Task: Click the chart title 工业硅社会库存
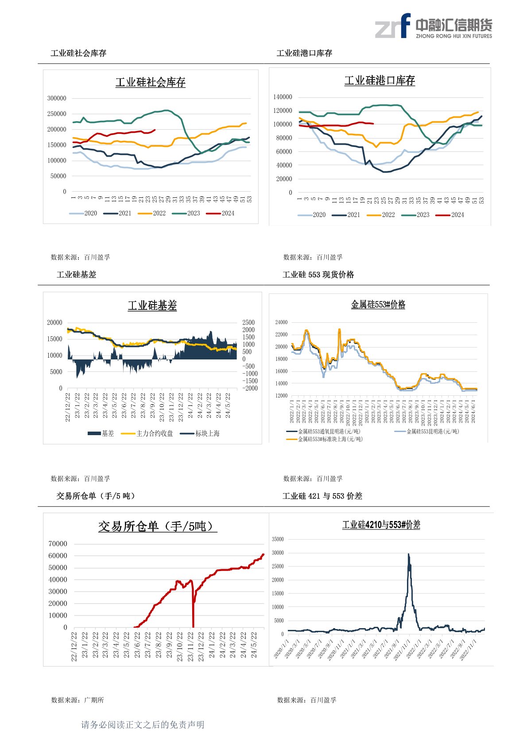(x=150, y=82)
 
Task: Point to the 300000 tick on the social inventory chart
(x=57, y=98)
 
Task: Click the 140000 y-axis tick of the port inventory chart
(x=283, y=97)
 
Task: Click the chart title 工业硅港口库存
(x=380, y=81)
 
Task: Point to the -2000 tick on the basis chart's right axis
(x=249, y=388)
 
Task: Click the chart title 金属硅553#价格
(x=378, y=305)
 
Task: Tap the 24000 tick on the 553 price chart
(x=281, y=322)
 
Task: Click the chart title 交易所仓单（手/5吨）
(x=157, y=526)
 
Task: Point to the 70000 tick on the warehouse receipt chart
(x=58, y=544)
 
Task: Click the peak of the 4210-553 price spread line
(x=408, y=554)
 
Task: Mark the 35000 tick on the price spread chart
(x=278, y=539)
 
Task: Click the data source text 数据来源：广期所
(x=77, y=700)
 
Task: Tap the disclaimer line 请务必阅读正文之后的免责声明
(x=143, y=725)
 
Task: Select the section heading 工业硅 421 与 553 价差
(x=322, y=496)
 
